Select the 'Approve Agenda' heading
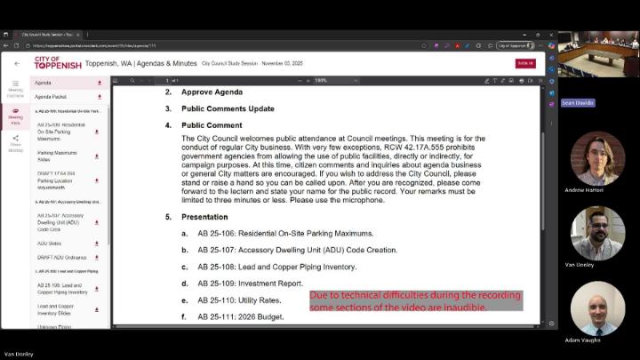pos(212,92)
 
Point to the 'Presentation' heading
pos(204,217)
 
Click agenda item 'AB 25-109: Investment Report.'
pos(250,284)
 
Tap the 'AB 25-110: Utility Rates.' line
pos(239,300)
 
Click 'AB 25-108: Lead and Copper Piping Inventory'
pos(276,267)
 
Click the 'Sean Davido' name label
pos(578,103)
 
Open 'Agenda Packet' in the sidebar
pos(52,96)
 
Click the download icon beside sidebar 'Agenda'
pos(99,83)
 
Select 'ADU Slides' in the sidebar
pos(50,243)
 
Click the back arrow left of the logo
pos(16,64)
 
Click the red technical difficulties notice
pos(414,300)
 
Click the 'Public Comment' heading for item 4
pos(212,125)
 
